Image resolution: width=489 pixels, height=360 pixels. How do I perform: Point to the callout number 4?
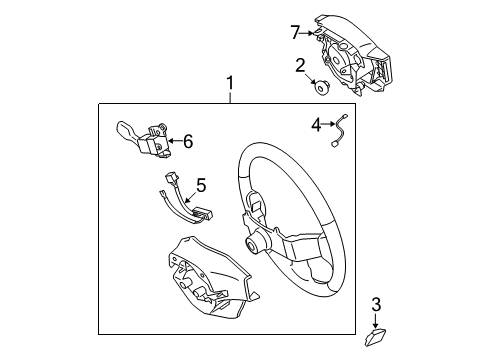pos(315,125)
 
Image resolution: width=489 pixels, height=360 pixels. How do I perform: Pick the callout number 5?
pos(200,185)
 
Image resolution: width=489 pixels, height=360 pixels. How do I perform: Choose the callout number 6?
pos(186,141)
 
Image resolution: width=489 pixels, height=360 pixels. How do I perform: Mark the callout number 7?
pos(294,34)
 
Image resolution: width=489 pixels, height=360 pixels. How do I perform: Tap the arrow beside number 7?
pos(309,34)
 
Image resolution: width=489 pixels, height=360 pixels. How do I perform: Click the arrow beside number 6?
pos(173,141)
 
